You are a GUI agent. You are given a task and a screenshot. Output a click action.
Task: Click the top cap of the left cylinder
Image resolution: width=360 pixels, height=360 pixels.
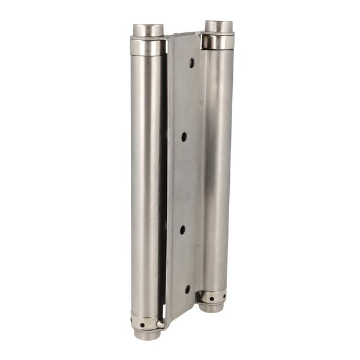(x=148, y=29)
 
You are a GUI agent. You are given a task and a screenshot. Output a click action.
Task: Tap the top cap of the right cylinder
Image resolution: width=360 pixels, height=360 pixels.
(x=218, y=26)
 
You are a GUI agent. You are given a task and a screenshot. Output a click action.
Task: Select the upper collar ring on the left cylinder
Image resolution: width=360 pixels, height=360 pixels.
(x=148, y=46)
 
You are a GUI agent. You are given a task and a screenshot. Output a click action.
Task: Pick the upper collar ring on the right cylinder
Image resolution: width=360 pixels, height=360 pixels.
(x=218, y=41)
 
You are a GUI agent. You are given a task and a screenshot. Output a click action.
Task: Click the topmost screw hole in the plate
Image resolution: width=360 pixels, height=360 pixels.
(x=191, y=62)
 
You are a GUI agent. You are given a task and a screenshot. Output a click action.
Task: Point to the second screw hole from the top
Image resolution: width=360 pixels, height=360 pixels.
(x=184, y=137)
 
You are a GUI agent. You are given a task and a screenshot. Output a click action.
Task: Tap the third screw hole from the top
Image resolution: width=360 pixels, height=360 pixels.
(x=182, y=230)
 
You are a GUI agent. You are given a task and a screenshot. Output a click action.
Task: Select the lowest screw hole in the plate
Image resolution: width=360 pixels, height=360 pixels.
(x=187, y=289)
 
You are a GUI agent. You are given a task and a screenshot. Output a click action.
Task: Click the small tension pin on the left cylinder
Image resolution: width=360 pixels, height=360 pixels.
(x=161, y=324)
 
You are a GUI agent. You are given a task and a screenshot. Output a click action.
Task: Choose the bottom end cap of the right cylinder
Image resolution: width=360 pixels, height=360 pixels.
(x=211, y=308)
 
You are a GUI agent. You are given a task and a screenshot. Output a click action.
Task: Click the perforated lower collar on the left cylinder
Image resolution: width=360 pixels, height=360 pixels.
(x=144, y=323)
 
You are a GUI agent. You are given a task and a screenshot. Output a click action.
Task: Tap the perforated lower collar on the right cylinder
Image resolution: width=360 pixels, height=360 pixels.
(x=212, y=296)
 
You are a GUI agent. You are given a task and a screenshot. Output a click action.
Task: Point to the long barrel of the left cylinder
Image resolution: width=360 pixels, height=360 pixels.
(x=145, y=180)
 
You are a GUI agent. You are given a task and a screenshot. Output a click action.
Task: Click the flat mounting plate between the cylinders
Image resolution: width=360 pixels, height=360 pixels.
(x=184, y=180)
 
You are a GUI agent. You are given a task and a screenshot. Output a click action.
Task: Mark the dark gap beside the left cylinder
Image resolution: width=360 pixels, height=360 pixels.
(x=163, y=180)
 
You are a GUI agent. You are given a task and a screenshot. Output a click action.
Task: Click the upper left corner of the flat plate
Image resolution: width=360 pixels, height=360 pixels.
(x=169, y=38)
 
